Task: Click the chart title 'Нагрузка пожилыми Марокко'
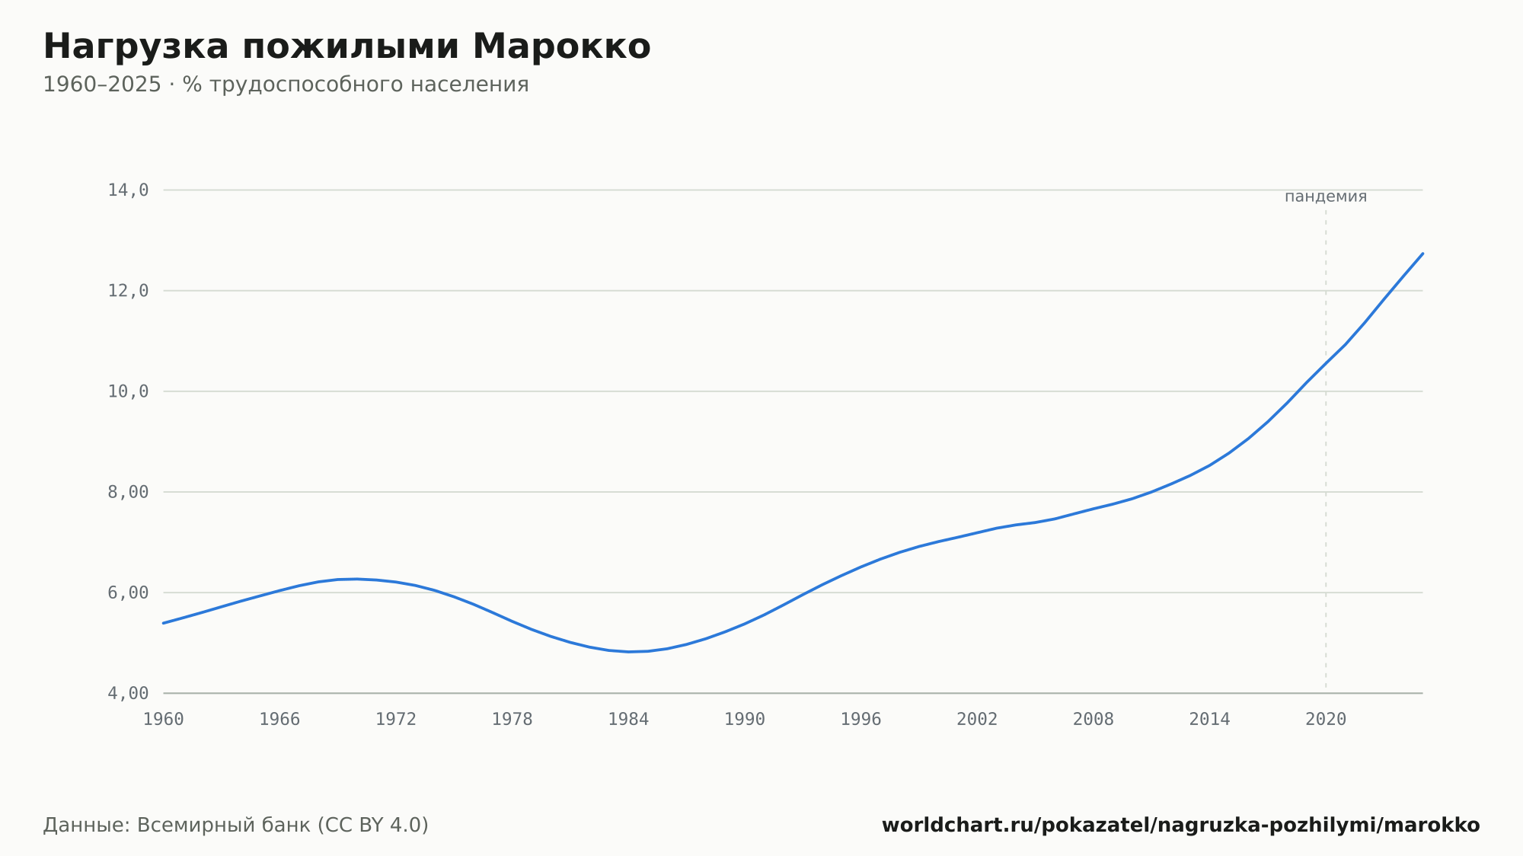pos(346,47)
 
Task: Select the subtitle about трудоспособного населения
pos(286,85)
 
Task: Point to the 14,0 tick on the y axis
pos(128,190)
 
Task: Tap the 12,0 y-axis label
pos(128,291)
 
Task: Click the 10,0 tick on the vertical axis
pos(128,391)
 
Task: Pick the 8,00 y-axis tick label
pos(128,492)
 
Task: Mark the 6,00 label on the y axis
pos(128,592)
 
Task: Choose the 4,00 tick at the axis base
pos(128,693)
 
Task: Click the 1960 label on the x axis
pos(164,720)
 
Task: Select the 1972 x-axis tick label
pos(396,720)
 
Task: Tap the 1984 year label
pos(628,720)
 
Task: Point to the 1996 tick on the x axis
pos(860,720)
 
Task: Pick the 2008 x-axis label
pos(1094,720)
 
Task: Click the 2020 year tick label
pos(1326,720)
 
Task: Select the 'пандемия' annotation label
pos(1326,196)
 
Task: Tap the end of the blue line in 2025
pos(1422,254)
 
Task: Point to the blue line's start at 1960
pos(164,623)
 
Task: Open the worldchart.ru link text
pos(1180,826)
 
